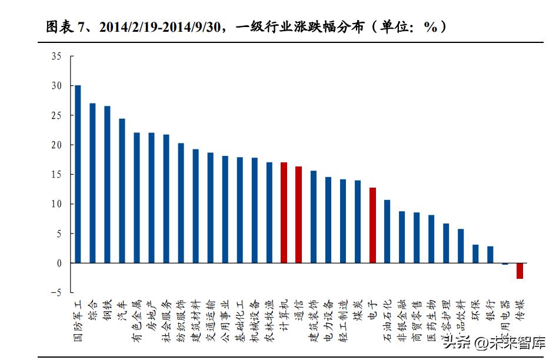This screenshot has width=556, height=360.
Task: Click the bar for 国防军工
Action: (78, 174)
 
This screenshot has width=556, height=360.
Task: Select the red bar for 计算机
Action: (284, 212)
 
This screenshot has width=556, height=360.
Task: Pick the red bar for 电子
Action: (372, 225)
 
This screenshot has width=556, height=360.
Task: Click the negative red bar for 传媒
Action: (520, 271)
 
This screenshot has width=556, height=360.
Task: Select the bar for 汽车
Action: (122, 191)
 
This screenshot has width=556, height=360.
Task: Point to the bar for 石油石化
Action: (387, 231)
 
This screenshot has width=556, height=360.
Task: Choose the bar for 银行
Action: (490, 255)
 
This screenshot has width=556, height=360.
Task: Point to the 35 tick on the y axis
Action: (56, 56)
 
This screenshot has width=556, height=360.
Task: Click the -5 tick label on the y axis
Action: (55, 293)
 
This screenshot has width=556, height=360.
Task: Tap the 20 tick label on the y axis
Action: (56, 145)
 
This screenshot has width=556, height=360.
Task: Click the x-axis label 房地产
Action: (151, 315)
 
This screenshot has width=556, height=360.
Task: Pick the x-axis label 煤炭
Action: (357, 309)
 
